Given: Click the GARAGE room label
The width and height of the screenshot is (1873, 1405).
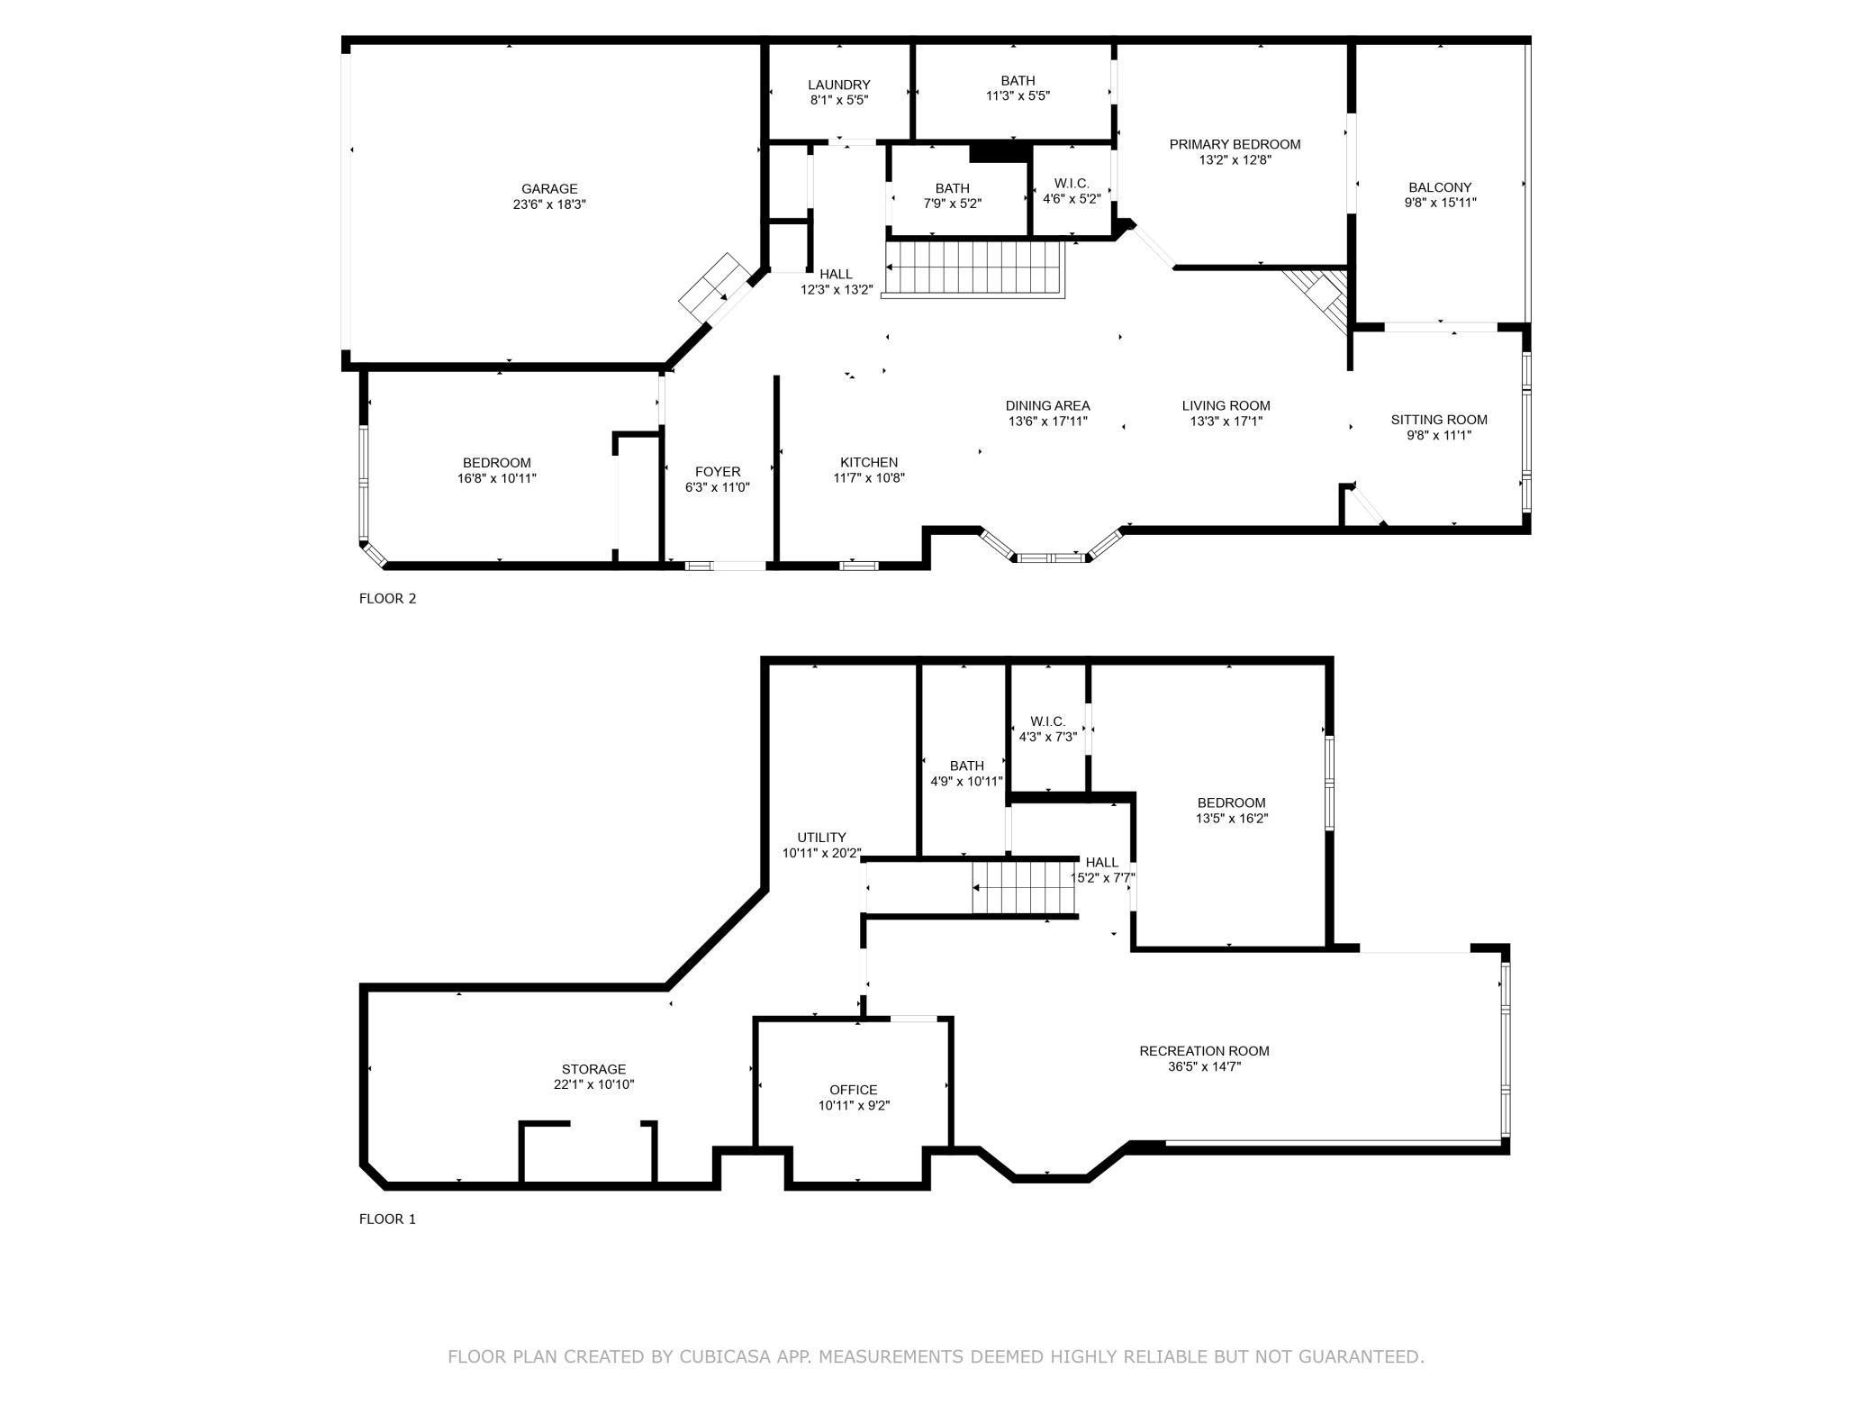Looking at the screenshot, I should [x=549, y=189].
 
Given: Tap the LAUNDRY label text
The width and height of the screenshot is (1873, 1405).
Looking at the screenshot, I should [x=838, y=85].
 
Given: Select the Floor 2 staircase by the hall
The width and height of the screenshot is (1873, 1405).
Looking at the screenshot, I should [x=973, y=268].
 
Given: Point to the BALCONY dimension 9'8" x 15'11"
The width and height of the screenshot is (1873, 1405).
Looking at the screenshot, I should [x=1440, y=203].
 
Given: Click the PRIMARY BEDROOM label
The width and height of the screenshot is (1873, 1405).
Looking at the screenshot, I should [x=1235, y=144].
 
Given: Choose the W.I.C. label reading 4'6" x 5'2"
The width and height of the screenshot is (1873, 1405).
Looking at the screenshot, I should [x=1072, y=191].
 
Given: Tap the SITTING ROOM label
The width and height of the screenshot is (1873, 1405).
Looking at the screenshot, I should [x=1439, y=420].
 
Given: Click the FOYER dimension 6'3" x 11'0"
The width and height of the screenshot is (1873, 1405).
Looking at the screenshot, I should [x=718, y=487].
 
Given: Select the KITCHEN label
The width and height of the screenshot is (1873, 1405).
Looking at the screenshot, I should [x=869, y=462].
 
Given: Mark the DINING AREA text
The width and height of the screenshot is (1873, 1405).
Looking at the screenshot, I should [x=1047, y=405].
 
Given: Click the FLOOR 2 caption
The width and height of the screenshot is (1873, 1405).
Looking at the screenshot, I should [x=387, y=598].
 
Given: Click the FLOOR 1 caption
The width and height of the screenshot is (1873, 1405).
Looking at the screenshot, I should [x=387, y=1219].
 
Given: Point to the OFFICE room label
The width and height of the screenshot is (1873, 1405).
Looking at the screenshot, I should [x=853, y=1090].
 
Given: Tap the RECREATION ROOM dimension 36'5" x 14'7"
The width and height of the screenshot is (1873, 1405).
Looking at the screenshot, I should [x=1204, y=1066].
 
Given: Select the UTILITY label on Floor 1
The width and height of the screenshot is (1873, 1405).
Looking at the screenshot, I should [x=821, y=837].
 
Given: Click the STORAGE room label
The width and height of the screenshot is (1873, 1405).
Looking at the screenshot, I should [x=593, y=1069].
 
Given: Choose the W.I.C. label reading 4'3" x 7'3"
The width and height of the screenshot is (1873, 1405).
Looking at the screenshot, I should [x=1047, y=729].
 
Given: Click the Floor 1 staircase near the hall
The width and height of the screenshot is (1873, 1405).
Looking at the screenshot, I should [x=1024, y=887].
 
